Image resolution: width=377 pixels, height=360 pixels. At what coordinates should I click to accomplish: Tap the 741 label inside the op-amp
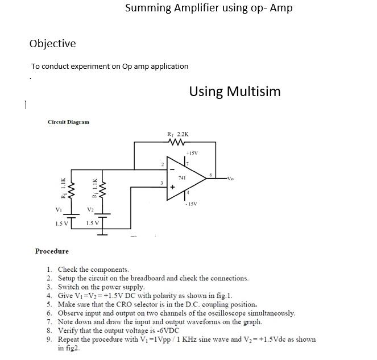(181, 178)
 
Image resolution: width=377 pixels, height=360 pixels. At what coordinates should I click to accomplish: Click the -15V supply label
(190, 204)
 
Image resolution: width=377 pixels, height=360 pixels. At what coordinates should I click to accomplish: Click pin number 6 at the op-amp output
(211, 175)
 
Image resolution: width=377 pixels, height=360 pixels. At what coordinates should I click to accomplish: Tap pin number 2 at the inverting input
(162, 164)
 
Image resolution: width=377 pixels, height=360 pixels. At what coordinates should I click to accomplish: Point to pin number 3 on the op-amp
(162, 183)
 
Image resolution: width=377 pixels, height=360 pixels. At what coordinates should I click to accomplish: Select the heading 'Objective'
(52, 44)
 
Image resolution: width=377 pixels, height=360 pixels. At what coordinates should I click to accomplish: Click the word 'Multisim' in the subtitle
(253, 92)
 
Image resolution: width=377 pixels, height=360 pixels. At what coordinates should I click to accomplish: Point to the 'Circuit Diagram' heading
(68, 122)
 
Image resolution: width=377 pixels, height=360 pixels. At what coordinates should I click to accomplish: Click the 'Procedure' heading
(52, 251)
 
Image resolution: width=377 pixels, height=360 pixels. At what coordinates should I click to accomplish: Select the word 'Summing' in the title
(147, 8)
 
